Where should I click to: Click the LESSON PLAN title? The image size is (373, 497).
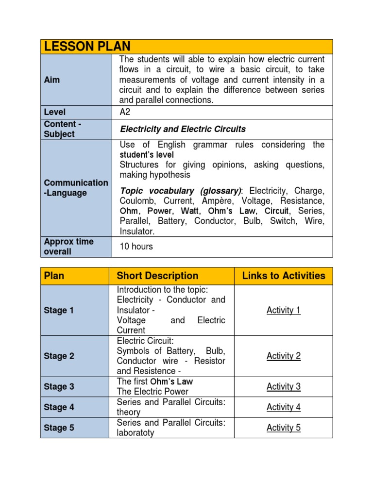click(x=87, y=47)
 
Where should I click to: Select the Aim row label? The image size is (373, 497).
click(x=52, y=80)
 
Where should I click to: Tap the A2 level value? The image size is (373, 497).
click(x=125, y=112)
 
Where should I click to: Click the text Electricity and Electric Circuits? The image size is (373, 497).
click(x=183, y=129)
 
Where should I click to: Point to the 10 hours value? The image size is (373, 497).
click(x=136, y=247)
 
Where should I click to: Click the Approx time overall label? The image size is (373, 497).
click(x=69, y=247)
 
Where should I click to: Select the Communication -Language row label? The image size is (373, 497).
click(x=76, y=188)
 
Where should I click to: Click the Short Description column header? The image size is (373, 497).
click(x=157, y=276)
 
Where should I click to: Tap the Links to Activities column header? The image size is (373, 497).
click(x=284, y=276)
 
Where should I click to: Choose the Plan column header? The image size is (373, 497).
click(x=54, y=276)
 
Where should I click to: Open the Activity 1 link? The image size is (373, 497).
click(x=284, y=310)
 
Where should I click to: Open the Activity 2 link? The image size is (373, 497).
click(x=284, y=356)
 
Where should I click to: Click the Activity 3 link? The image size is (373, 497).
click(x=284, y=386)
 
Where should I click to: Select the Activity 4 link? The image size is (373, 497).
click(x=284, y=407)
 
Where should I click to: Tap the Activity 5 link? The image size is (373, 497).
click(x=284, y=428)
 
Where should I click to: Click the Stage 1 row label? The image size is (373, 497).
click(x=59, y=310)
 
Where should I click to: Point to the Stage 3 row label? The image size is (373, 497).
click(x=59, y=387)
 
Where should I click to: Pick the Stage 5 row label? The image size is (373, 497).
click(x=59, y=428)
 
